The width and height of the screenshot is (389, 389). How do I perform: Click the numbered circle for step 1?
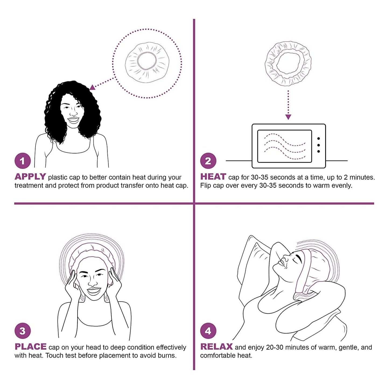pos(23,161)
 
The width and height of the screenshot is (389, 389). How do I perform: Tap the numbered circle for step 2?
pos(208,161)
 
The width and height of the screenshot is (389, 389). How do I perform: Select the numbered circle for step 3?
pos(23,331)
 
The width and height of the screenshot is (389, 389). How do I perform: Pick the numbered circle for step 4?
pos(208,331)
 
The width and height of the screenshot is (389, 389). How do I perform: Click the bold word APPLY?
pos(30,177)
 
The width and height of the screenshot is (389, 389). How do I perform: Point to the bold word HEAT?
pos(213,177)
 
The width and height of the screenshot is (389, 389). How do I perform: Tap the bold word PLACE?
pos(30,347)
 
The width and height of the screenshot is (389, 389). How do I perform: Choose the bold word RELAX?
pos(216,347)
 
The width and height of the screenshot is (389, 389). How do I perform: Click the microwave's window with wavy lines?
pos(285,146)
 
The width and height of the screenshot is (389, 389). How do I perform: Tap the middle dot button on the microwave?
pos(318,145)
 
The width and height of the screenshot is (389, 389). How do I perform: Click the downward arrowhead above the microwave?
pos(288,117)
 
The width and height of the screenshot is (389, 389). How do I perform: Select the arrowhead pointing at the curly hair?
pos(93,87)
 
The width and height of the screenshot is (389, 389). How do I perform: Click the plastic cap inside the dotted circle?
pos(147,62)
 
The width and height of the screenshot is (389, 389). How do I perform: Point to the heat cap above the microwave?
pos(288,63)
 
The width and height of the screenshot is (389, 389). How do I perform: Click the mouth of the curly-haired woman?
pos(73,119)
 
